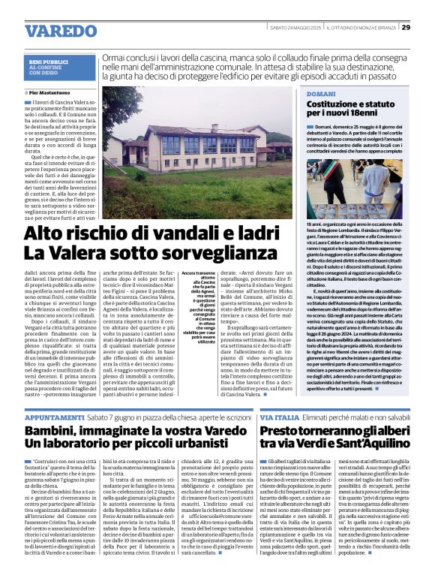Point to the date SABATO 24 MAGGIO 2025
click(x=295, y=28)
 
